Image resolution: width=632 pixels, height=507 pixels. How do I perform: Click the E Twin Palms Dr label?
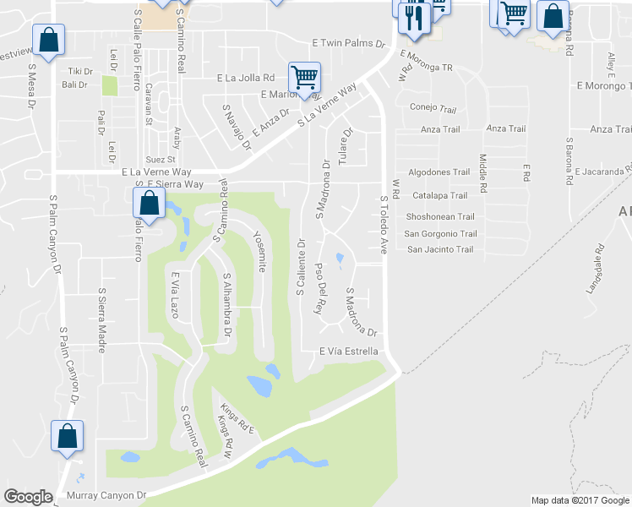click(x=348, y=42)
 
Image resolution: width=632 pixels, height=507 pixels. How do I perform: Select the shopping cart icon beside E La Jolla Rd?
click(x=304, y=78)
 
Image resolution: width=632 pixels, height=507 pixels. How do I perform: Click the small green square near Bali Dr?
click(x=109, y=85)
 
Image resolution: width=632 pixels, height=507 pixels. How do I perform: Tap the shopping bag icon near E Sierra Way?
click(x=149, y=204)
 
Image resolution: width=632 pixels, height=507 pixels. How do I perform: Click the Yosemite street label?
click(x=261, y=252)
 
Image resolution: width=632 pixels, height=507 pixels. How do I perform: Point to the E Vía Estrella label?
click(x=348, y=352)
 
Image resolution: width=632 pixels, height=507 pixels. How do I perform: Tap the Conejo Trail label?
click(x=433, y=108)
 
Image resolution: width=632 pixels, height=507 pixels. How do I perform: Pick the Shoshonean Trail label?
click(x=439, y=216)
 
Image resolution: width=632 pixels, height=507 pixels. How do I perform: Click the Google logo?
click(x=28, y=497)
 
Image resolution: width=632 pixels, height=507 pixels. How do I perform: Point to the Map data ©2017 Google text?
click(x=580, y=500)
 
